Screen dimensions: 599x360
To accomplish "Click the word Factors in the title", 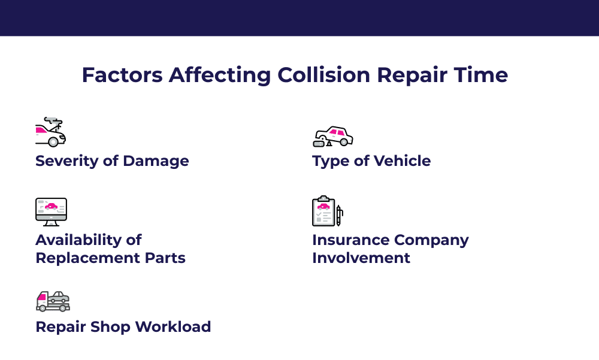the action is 122,75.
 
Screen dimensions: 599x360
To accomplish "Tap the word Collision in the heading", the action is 323,75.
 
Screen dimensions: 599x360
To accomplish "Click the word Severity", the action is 66,161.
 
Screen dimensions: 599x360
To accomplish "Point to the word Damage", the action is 156,161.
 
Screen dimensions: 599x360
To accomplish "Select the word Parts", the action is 165,258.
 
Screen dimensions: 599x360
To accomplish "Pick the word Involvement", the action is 361,258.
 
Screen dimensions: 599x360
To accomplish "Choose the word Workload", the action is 173,326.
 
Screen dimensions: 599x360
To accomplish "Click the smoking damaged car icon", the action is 50,132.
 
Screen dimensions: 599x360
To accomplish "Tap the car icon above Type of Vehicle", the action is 332,137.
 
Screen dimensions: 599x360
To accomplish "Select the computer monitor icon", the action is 51,212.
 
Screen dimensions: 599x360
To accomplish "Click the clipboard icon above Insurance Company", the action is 323,211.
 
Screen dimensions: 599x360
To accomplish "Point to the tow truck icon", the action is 53,301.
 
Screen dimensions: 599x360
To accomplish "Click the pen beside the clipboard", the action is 339,216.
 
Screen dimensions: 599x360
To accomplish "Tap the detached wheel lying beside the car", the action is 319,144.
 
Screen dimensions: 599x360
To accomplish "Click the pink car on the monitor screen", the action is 51,207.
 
